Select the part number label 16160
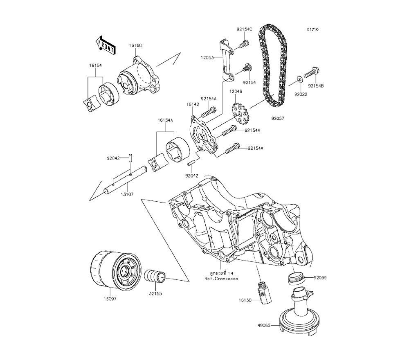[x=136, y=45]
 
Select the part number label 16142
[x=193, y=104]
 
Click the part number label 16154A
[x=166, y=121]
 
